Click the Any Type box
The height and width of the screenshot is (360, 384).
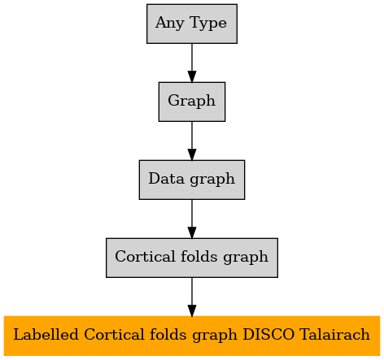192,24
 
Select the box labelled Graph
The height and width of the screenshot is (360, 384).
192,102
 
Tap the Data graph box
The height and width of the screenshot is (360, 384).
192,180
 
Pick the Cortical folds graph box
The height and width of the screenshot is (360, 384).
192,258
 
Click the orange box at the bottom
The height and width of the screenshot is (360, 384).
192,336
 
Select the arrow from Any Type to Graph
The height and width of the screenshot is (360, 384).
192,63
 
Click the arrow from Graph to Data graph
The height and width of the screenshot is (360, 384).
192,141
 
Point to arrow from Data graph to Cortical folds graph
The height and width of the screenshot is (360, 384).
192,219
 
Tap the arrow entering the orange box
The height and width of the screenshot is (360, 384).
192,297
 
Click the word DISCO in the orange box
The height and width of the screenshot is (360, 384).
268,334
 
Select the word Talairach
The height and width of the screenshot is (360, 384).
334,334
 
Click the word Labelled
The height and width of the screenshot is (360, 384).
46,334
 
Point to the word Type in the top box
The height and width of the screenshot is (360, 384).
208,24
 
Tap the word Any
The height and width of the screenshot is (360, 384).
170,24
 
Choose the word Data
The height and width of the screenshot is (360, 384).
166,179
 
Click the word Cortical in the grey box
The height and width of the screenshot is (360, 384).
145,256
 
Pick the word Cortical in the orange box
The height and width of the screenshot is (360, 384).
114,334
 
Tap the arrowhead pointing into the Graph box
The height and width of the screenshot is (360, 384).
192,76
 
